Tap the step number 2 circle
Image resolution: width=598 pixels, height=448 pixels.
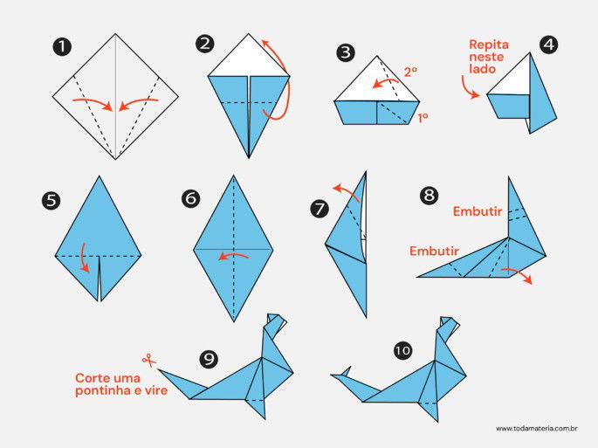[204, 44]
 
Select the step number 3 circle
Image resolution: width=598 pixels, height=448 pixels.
[347, 52]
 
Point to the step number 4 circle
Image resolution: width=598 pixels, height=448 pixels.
[548, 44]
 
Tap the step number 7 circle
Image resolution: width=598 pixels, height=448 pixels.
[320, 208]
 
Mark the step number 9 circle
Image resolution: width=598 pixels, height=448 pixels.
[209, 358]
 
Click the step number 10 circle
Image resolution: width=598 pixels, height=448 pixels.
[402, 350]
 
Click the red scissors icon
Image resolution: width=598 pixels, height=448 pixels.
[148, 359]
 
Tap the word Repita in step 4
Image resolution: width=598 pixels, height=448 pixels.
[488, 43]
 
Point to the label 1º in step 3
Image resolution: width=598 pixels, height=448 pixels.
[423, 117]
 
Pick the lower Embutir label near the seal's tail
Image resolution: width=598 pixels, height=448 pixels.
[434, 252]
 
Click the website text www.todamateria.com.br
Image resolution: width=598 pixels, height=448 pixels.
[538, 428]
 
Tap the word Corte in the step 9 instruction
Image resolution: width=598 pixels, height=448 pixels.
[92, 378]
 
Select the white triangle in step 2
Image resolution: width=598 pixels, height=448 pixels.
[249, 58]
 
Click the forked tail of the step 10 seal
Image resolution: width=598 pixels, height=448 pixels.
[340, 375]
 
